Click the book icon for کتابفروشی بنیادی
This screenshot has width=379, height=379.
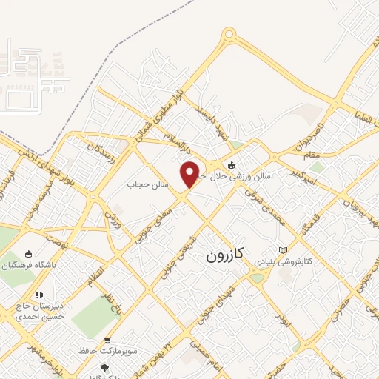tap(282, 250)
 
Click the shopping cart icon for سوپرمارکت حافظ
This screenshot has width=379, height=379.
tap(109, 341)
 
